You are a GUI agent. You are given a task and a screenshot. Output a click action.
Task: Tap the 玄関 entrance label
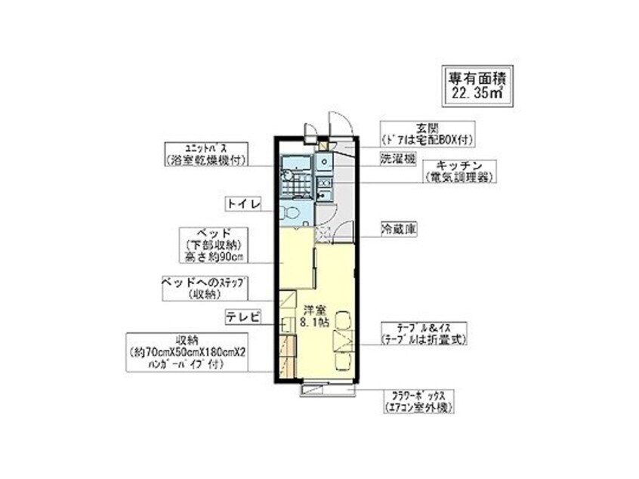(x=427, y=133)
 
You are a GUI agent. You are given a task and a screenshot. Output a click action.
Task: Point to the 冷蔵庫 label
(x=397, y=227)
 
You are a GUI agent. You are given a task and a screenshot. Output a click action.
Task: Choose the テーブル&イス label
(x=424, y=333)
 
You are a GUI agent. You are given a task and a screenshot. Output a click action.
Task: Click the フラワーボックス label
(x=417, y=400)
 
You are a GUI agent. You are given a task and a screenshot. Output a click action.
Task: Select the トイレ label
(x=242, y=203)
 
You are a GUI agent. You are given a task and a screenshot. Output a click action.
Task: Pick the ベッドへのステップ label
(x=204, y=288)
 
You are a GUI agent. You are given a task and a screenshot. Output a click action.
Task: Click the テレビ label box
(x=242, y=317)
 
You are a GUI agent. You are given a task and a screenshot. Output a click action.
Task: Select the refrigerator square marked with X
(x=323, y=234)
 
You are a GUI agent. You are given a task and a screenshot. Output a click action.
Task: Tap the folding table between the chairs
(x=342, y=338)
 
